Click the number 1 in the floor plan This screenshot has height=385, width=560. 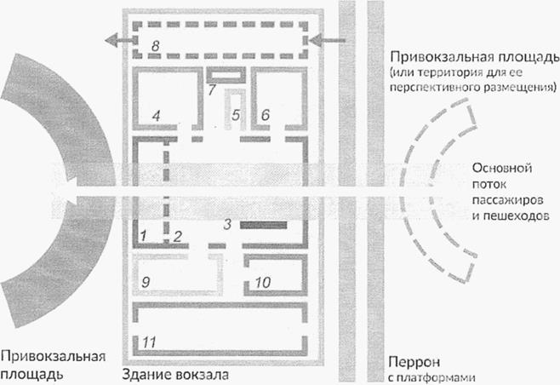(145, 233)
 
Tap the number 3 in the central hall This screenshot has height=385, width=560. (226, 224)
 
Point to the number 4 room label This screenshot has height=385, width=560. (156, 114)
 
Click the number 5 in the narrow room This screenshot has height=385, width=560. (237, 114)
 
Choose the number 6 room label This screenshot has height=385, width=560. (265, 114)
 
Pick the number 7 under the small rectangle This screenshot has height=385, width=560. (212, 89)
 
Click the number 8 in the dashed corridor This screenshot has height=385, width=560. (155, 43)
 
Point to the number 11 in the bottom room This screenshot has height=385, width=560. (149, 342)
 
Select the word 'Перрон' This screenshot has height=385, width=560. (413, 360)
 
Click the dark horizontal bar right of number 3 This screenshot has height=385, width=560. (262, 226)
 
